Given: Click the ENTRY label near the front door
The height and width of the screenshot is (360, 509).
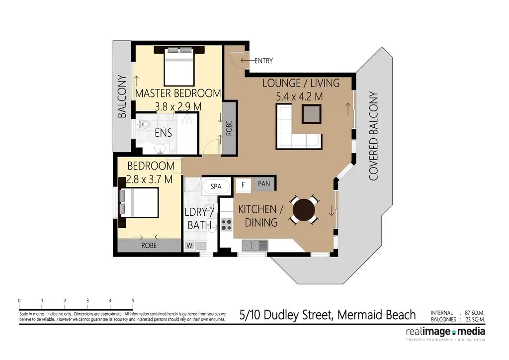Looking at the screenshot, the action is coord(263,61).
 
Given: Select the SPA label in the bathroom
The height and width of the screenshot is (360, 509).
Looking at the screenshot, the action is coord(216,186).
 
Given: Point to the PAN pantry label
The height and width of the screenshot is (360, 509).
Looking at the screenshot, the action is coord(264,184).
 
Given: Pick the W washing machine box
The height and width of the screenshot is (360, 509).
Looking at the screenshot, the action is coord(189,245).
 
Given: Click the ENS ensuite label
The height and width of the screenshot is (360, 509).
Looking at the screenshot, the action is coord(164,133).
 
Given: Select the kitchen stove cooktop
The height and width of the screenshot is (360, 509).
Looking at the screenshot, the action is coord(227,224).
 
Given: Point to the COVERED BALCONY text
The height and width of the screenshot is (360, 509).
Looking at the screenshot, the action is coord(374,135).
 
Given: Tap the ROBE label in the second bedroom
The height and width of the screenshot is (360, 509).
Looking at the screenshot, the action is coord(149,246).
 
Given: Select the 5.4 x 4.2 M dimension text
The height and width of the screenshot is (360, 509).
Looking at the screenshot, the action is coord(299,96).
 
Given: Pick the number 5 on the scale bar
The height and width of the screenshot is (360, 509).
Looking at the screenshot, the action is coord(133,300).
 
